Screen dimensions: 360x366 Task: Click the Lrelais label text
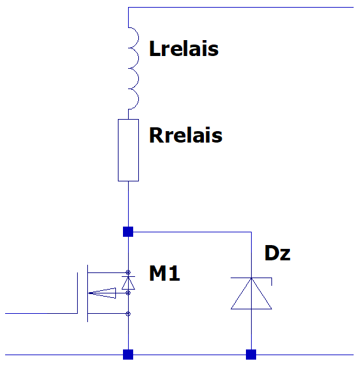pyautogui.click(x=184, y=48)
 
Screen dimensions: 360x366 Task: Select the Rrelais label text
pyautogui.click(x=185, y=135)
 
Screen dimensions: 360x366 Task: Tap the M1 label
pyautogui.click(x=164, y=273)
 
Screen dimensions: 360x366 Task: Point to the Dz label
pyautogui.click(x=277, y=253)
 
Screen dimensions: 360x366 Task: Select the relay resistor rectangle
pyautogui.click(x=128, y=150)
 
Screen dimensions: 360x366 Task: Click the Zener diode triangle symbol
pyautogui.click(x=251, y=293)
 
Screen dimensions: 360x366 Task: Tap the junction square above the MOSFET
pyautogui.click(x=128, y=232)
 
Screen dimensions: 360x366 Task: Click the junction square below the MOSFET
pyautogui.click(x=128, y=355)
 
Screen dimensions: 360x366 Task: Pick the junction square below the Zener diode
pyautogui.click(x=251, y=355)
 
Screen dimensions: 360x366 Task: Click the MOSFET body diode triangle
pyautogui.click(x=128, y=283)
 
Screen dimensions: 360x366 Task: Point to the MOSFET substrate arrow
pyautogui.click(x=103, y=293)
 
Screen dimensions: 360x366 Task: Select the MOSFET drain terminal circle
pyautogui.click(x=128, y=272)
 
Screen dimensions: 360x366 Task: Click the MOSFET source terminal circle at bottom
pyautogui.click(x=128, y=313)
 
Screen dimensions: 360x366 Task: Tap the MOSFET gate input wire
pyautogui.click(x=41, y=313)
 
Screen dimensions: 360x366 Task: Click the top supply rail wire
pyautogui.click(x=241, y=7)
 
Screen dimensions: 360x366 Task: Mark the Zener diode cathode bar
pyautogui.click(x=251, y=278)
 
